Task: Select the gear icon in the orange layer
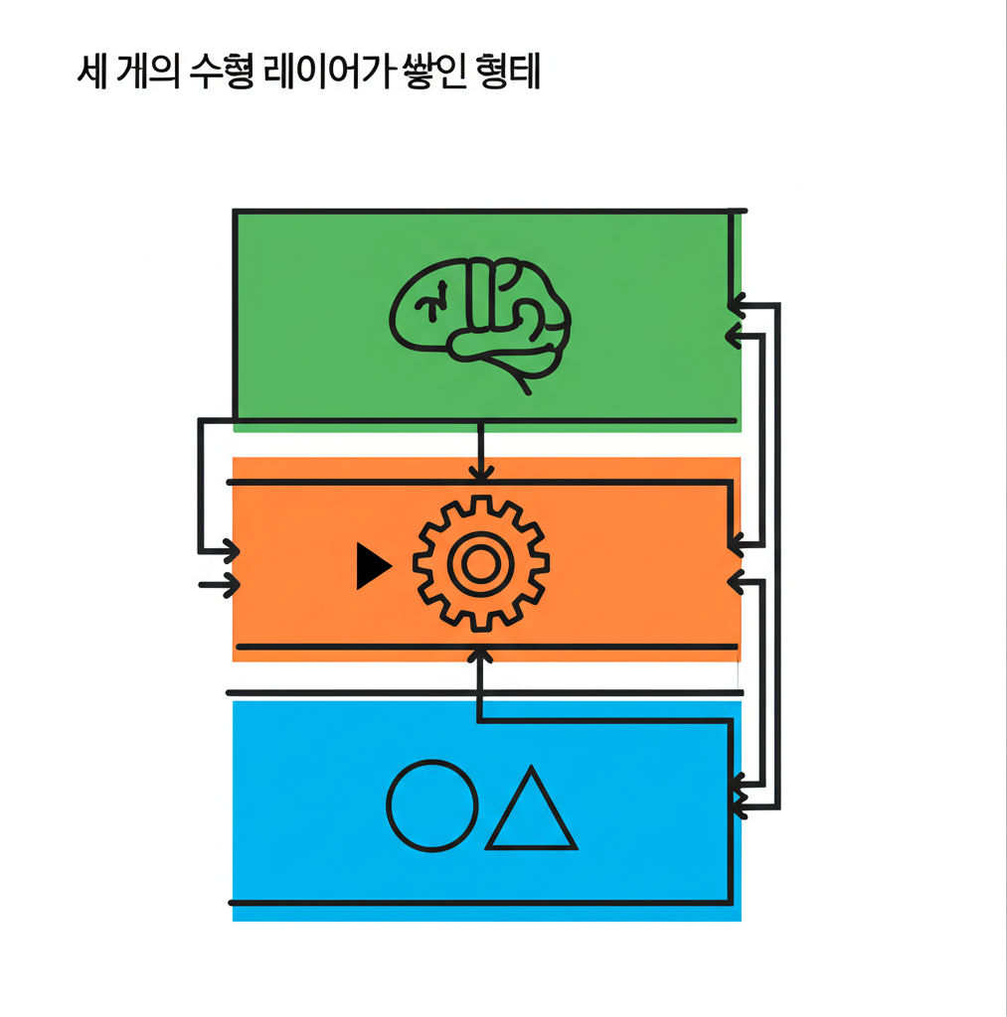pyautogui.click(x=480, y=563)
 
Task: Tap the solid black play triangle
pyautogui.click(x=372, y=567)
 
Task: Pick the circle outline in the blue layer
pyautogui.click(x=431, y=806)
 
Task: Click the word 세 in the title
pyautogui.click(x=92, y=74)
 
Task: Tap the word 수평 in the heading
pyautogui.click(x=223, y=74)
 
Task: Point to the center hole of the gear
pyautogui.click(x=480, y=563)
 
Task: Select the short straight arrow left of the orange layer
pyautogui.click(x=220, y=585)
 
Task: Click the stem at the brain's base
pyautogui.click(x=523, y=382)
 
